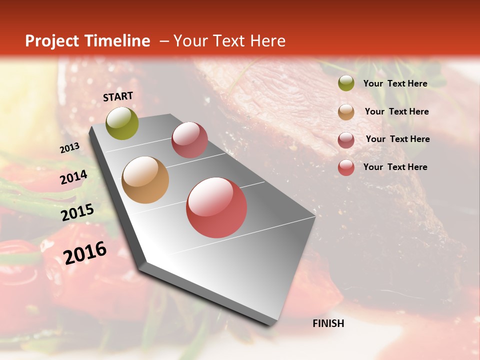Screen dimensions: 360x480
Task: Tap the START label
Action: click(118, 96)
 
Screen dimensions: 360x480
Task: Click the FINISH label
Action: click(328, 323)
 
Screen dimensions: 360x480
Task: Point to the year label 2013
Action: click(69, 148)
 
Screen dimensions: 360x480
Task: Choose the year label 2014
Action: click(74, 177)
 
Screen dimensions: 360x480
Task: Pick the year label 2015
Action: click(77, 212)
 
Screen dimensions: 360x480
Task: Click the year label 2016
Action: click(85, 252)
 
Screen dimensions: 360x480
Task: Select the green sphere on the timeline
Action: click(122, 123)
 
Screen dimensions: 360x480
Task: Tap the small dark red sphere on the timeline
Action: click(189, 140)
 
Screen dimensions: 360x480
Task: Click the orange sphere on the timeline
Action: click(145, 180)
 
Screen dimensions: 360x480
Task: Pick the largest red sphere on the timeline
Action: click(216, 207)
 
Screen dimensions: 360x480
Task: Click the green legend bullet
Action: click(346, 83)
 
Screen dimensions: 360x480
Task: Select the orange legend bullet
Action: click(346, 112)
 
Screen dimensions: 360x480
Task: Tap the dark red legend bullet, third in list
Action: click(346, 140)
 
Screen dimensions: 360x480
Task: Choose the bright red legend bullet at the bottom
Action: click(346, 167)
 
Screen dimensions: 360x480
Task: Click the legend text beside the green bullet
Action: click(395, 83)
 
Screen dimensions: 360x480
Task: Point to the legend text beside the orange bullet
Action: click(397, 111)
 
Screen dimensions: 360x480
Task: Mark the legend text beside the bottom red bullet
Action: click(395, 167)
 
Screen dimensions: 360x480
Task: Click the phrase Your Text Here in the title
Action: click(229, 41)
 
